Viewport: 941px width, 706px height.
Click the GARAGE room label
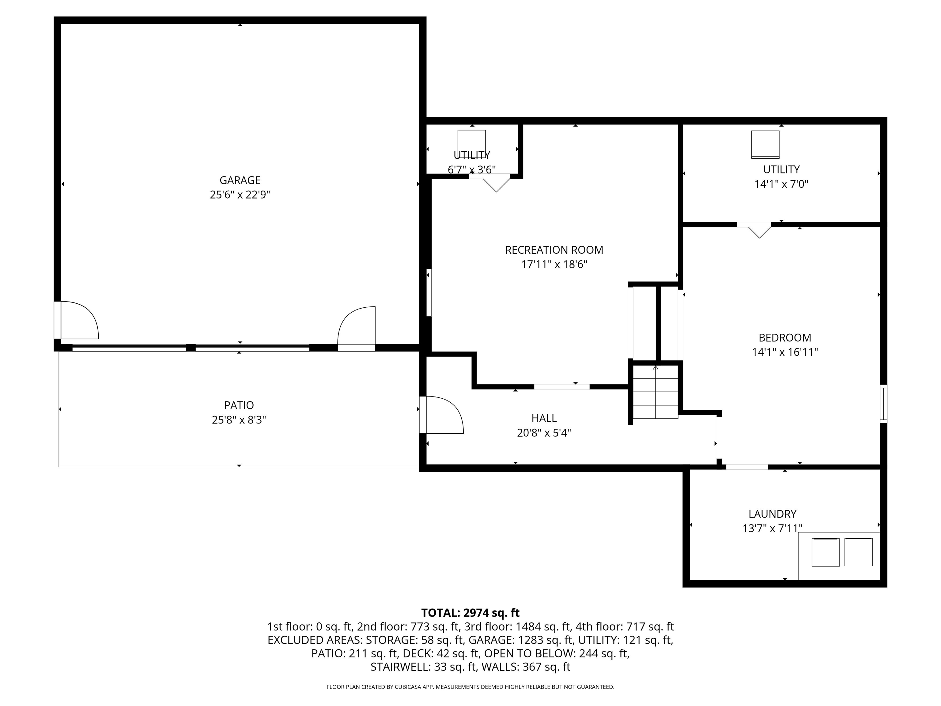(x=240, y=180)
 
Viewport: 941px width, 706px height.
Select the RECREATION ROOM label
(x=554, y=250)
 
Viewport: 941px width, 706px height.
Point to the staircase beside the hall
(x=655, y=392)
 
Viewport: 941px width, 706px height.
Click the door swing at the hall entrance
(x=442, y=415)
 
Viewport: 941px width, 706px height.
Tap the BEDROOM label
(x=784, y=337)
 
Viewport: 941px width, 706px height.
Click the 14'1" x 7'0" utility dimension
(x=781, y=184)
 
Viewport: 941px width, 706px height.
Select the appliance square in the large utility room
(x=765, y=144)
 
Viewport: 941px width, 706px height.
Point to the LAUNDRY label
(x=772, y=514)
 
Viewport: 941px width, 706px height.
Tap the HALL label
(x=544, y=418)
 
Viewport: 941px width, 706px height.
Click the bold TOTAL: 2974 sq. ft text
(x=470, y=613)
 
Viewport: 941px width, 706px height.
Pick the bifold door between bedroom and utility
(x=759, y=230)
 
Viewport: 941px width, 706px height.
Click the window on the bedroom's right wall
(x=883, y=404)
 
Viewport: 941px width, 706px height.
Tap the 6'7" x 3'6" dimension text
(x=471, y=170)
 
